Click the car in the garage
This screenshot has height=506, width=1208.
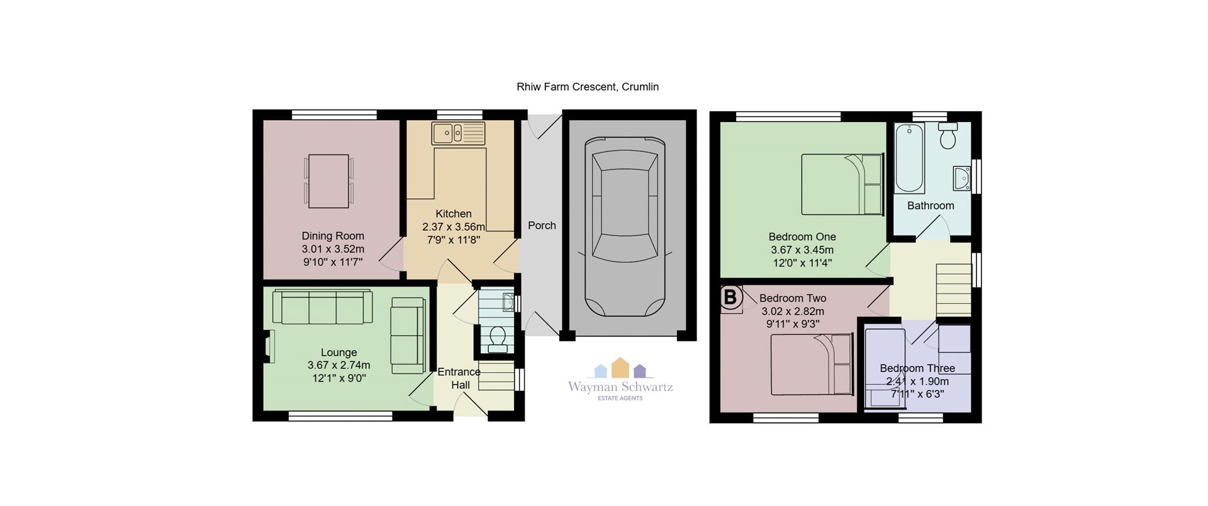coord(625,227)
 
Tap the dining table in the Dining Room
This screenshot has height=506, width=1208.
coord(328,181)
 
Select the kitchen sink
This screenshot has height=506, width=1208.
coord(458,133)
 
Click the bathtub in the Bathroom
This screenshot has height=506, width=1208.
coord(909,158)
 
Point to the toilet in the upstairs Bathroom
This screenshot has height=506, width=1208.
coord(948,136)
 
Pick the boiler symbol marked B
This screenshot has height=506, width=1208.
coord(730,297)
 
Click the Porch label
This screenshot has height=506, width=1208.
coord(542,225)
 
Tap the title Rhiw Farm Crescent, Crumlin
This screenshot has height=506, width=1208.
coord(588,87)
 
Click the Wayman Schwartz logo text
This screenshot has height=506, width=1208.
coord(620,387)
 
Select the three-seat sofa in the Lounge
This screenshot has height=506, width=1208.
coord(322,307)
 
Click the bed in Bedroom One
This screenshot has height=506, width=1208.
coord(842,184)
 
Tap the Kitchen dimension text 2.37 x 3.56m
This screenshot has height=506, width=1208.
coord(454,227)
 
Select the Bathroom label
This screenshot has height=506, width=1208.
coord(931,206)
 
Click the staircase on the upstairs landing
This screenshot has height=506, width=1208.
coord(954,290)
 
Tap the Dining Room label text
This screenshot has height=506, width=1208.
coord(333,236)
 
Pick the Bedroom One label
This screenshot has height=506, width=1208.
coord(802,237)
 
